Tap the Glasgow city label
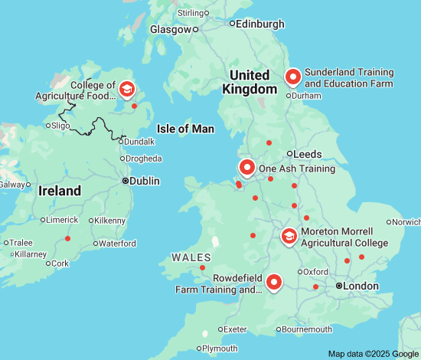171,30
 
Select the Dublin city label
145,182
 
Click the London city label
361,286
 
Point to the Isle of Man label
185,129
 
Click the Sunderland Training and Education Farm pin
292,77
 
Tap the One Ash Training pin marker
246,167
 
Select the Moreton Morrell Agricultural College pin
289,236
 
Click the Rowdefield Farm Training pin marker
274,283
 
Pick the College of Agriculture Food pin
126,90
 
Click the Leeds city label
307,154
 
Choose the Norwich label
406,222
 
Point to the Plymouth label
220,348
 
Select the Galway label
11,185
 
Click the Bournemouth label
307,329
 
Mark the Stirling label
191,13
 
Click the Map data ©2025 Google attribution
373,353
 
